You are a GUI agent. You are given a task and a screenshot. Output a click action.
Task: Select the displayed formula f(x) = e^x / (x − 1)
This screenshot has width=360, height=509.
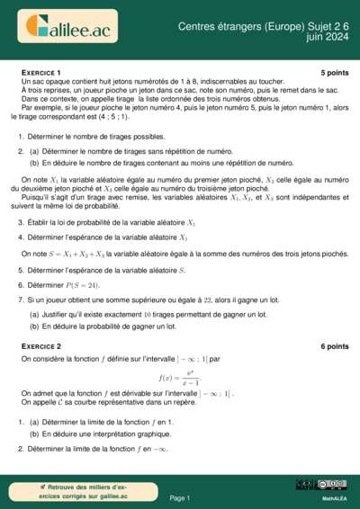[179, 379]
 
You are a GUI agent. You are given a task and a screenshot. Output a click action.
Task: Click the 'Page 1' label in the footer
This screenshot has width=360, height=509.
[179, 497]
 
